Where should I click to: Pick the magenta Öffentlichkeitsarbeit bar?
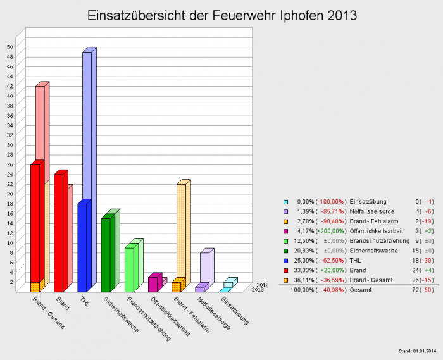pos(153,284)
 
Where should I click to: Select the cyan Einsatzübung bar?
pos(224,290)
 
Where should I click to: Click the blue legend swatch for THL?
pos(286,260)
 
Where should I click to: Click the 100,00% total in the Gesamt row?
pos(302,289)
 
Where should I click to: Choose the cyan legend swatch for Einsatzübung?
pos(286,202)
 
